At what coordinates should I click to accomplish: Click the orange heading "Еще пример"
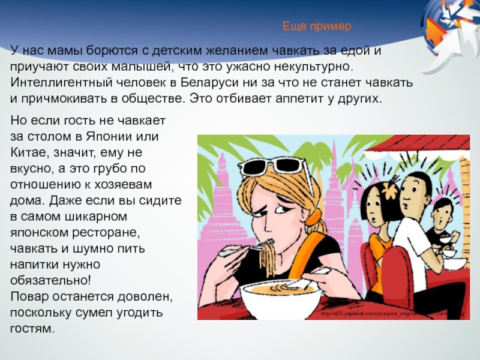(x=316, y=27)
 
